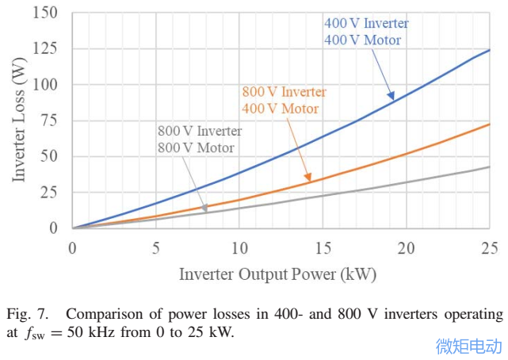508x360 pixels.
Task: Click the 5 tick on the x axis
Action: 156,247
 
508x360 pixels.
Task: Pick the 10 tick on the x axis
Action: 239,247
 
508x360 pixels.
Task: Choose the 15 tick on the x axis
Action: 323,247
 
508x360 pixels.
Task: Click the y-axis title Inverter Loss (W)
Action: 18,121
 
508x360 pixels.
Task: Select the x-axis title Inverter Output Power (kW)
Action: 277,274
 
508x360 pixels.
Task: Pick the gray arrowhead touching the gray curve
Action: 204,209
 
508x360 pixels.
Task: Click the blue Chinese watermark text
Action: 469,346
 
